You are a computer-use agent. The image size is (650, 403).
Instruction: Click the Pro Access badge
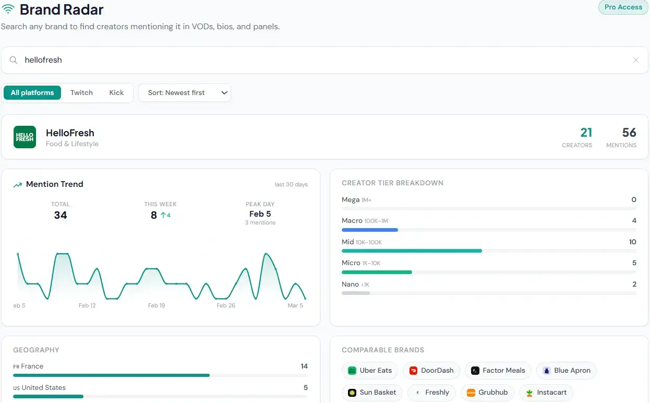623,7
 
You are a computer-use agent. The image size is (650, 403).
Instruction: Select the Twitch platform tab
81,93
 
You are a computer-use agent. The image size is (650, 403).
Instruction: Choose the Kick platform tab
116,93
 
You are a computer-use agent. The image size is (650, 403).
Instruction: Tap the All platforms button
32,93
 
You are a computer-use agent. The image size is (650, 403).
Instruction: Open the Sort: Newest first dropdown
184,93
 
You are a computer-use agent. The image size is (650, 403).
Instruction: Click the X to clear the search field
635,60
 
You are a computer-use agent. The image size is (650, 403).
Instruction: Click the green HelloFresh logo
25,137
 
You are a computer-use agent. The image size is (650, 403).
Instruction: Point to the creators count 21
586,133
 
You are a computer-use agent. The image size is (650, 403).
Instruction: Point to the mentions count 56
629,133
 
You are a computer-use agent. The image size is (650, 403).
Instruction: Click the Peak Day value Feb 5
260,214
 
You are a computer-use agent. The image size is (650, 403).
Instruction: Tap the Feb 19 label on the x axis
157,305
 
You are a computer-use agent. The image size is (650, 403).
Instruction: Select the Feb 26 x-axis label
226,305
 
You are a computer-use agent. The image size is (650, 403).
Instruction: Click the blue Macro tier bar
369,230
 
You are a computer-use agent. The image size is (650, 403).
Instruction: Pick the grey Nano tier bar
355,293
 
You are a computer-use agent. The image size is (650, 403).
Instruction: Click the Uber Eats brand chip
370,371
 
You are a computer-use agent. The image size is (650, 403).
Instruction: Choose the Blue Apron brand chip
566,371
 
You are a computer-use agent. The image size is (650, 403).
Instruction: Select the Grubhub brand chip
487,393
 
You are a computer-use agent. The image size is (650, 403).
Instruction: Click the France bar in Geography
111,375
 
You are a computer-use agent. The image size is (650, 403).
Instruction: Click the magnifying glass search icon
14,60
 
